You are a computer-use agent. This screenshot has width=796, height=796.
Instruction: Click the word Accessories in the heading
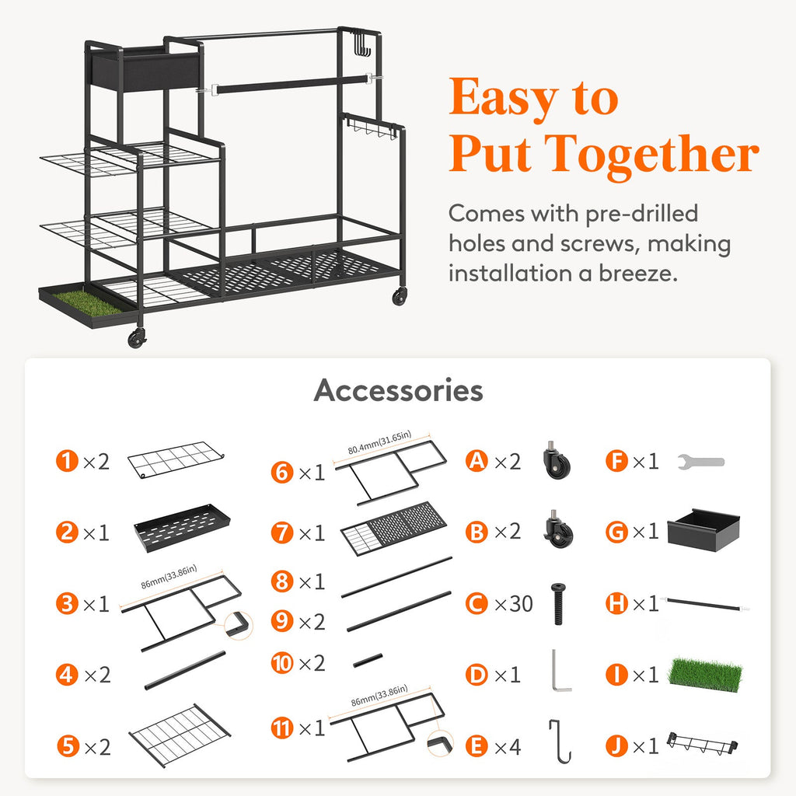pyautogui.click(x=398, y=390)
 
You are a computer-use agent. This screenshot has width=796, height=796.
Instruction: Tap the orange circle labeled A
pyautogui.click(x=477, y=461)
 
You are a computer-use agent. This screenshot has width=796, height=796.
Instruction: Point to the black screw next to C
pyautogui.click(x=557, y=603)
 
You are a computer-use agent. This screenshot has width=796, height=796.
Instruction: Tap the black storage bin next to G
pyautogui.click(x=703, y=530)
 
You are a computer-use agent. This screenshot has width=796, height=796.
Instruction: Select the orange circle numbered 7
pyautogui.click(x=282, y=532)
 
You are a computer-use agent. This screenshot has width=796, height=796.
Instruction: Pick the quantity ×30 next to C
pyautogui.click(x=513, y=603)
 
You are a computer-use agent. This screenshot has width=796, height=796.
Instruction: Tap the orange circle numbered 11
pyautogui.click(x=282, y=728)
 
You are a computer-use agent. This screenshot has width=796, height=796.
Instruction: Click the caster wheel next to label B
pyautogui.click(x=558, y=531)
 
